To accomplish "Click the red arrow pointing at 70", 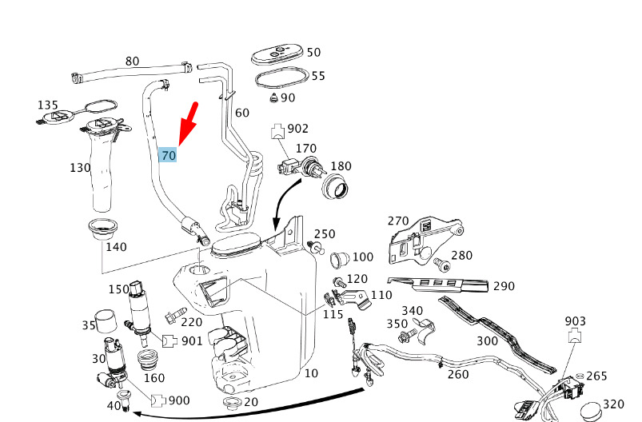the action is [189, 124].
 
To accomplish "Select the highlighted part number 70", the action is [168, 155].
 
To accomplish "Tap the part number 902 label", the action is [297, 129].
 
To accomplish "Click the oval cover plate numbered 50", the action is [278, 55].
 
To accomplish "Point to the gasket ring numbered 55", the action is [281, 78].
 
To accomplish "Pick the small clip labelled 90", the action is [273, 98].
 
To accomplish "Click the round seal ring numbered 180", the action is [336, 187].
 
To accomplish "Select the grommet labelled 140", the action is [103, 230].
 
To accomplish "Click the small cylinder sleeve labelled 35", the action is [106, 320].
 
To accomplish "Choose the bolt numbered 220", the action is [175, 315].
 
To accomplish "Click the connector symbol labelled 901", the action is [169, 341].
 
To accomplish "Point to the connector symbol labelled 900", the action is [158, 400].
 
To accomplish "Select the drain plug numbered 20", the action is [232, 402].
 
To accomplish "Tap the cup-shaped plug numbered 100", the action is [340, 260].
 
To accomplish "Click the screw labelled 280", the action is [441, 264].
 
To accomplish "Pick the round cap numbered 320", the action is [590, 411].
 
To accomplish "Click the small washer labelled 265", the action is [579, 376].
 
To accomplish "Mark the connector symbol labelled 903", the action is [575, 336].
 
